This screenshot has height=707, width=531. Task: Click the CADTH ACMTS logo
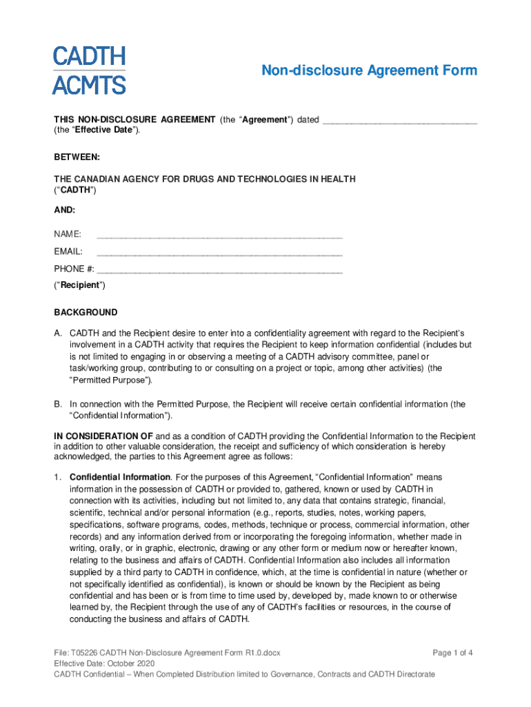(x=90, y=70)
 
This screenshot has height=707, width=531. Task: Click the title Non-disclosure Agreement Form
(x=368, y=71)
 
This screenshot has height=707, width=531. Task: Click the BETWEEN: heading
(x=77, y=157)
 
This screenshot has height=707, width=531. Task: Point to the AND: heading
(x=65, y=209)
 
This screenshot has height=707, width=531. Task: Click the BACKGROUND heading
(x=86, y=313)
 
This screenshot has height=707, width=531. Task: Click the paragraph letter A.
(x=59, y=333)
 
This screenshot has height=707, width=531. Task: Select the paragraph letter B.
(x=59, y=405)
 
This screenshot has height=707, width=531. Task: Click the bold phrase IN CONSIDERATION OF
(x=103, y=437)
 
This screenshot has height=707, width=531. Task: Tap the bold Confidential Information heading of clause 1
(x=120, y=477)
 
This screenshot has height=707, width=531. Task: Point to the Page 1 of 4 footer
(x=453, y=652)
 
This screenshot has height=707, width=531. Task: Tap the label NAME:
(x=68, y=235)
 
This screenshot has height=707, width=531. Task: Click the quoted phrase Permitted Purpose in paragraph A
(x=111, y=380)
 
